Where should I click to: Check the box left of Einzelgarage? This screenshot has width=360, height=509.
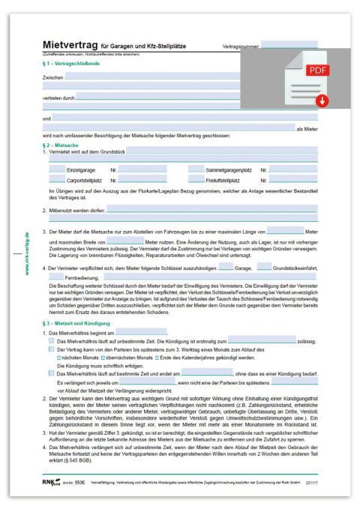point(56,169)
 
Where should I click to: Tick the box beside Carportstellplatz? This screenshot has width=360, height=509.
point(56,180)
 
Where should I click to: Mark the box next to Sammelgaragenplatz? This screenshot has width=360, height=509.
point(196,169)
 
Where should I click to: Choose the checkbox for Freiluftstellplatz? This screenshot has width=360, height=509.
point(196,180)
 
